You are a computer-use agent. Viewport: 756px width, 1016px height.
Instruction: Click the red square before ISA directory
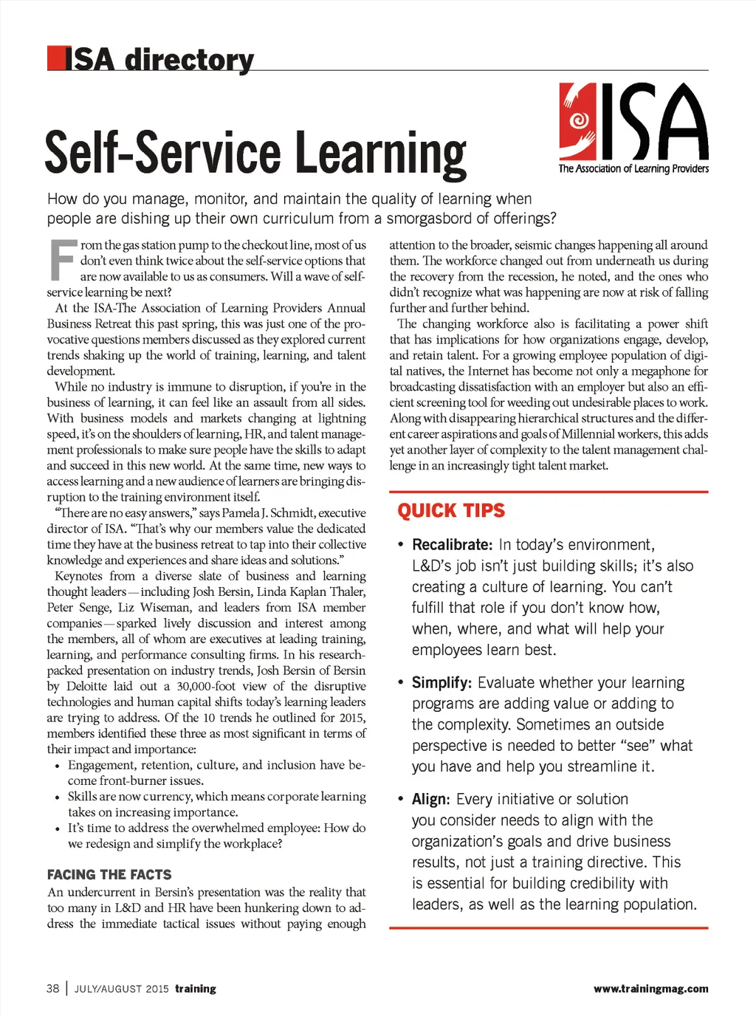[56, 58]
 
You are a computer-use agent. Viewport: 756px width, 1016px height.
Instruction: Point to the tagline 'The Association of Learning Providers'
[633, 169]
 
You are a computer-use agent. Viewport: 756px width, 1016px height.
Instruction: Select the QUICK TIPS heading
[451, 511]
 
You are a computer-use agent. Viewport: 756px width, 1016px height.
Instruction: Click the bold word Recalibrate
[452, 545]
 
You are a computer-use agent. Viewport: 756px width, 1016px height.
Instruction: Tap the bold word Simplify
[441, 683]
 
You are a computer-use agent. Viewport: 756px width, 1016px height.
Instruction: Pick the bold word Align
[430, 800]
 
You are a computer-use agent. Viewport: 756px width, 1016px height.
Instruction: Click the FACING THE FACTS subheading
[109, 875]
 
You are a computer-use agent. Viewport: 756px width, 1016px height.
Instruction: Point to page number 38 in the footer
[53, 989]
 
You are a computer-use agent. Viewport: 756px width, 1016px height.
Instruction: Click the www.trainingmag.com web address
[650, 989]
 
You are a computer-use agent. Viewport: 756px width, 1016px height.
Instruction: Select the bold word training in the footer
[196, 989]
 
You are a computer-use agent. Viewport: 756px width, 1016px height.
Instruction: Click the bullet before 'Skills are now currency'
[58, 797]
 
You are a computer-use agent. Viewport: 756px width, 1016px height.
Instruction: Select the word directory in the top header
[189, 60]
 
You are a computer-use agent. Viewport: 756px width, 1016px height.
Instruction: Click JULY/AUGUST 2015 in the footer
[121, 989]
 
